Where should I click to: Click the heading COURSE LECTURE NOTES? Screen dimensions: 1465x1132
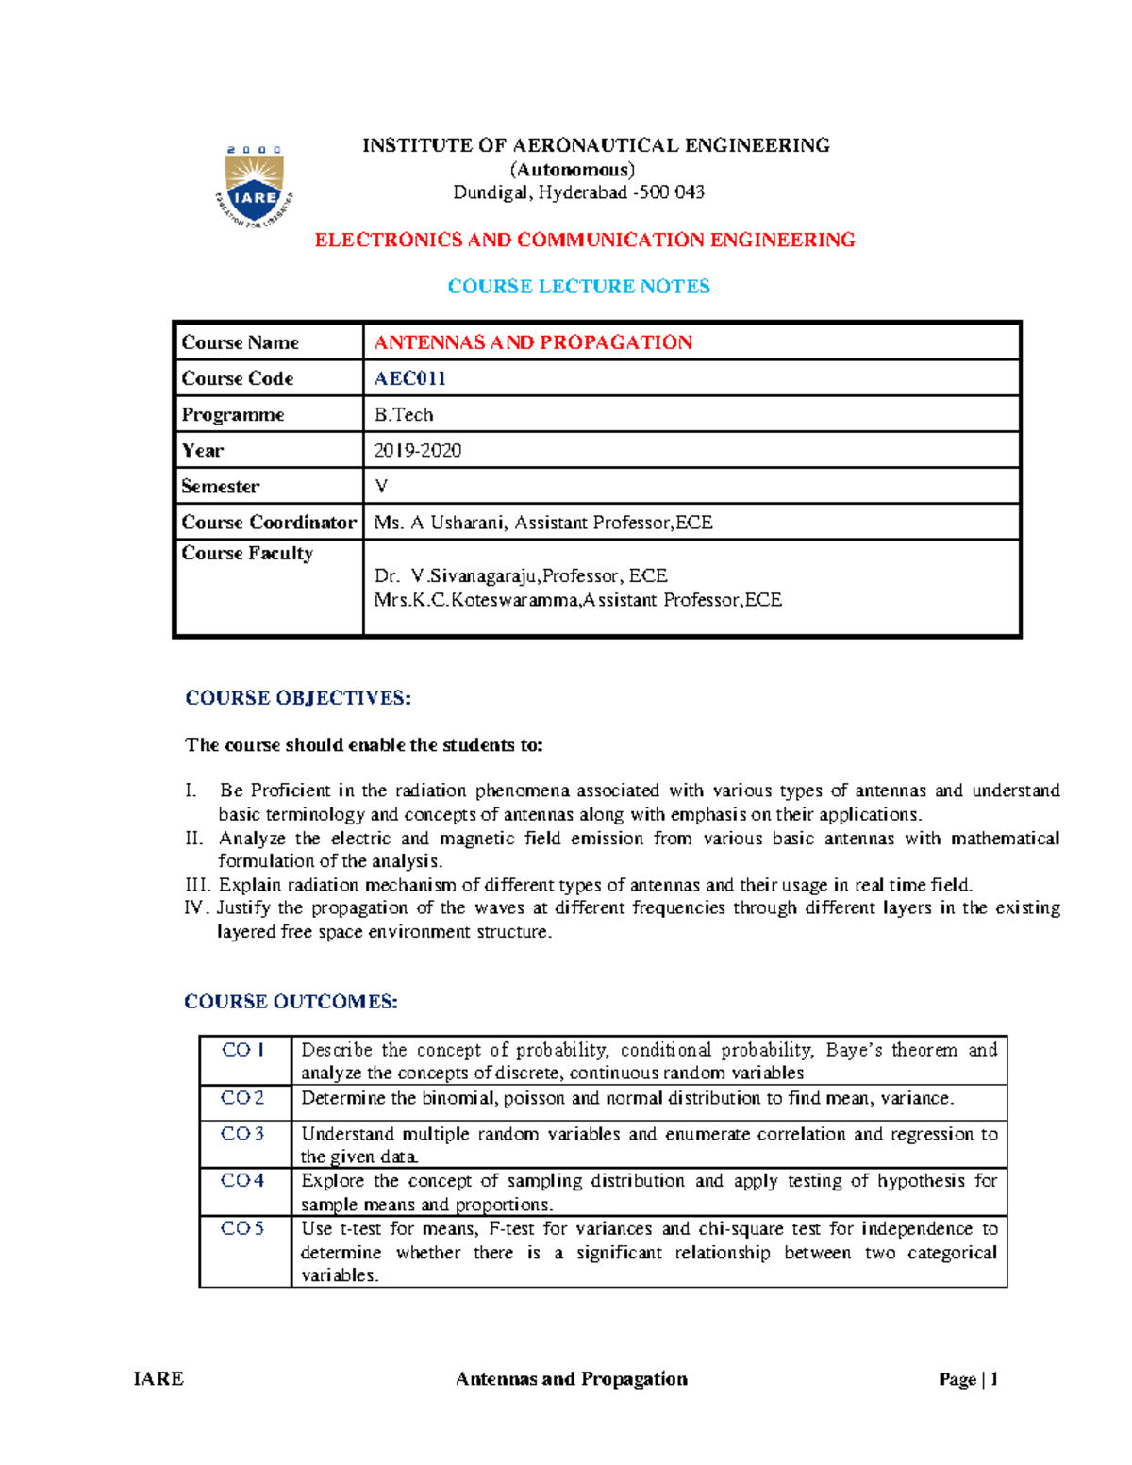point(578,287)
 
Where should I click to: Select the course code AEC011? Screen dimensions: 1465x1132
point(409,378)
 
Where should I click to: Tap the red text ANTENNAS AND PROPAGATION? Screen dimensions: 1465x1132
point(533,342)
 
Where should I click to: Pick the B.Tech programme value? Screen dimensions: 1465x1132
point(404,415)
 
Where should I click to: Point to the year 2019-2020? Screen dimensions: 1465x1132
point(417,451)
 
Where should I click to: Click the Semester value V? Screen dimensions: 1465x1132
point(381,487)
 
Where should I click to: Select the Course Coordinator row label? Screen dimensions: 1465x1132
point(269,523)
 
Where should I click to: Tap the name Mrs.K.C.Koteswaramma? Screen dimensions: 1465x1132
point(476,600)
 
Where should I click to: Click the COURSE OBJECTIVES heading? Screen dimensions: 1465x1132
point(298,698)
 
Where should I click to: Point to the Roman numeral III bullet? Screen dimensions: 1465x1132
point(198,885)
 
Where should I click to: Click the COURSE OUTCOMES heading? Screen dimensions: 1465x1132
point(291,1002)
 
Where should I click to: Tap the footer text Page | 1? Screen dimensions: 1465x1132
point(968,1379)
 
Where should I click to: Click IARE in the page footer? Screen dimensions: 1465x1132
point(158,1379)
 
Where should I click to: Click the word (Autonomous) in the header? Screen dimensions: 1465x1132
point(573,170)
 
